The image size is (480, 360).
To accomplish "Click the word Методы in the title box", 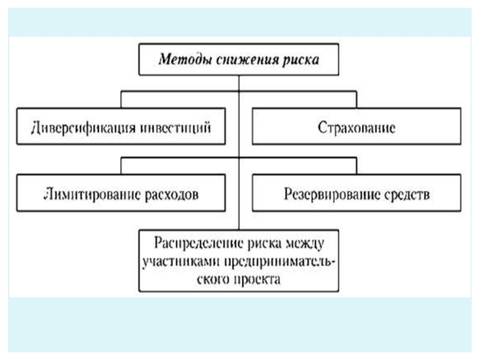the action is coord(185,59).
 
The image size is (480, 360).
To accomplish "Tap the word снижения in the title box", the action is coord(247,59).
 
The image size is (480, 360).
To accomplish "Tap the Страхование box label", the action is coord(356,127).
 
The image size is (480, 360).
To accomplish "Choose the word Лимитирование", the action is coord(92,194).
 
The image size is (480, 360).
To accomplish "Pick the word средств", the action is coord(407,194).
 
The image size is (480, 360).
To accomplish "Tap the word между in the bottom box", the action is coord(305,244).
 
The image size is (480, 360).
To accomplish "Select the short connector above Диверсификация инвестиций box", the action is coord(121,100).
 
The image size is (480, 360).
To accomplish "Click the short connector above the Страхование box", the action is coord(356,100).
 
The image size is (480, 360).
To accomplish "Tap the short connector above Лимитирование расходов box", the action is coord(121,166).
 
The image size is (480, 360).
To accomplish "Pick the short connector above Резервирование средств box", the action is coord(356,166).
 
